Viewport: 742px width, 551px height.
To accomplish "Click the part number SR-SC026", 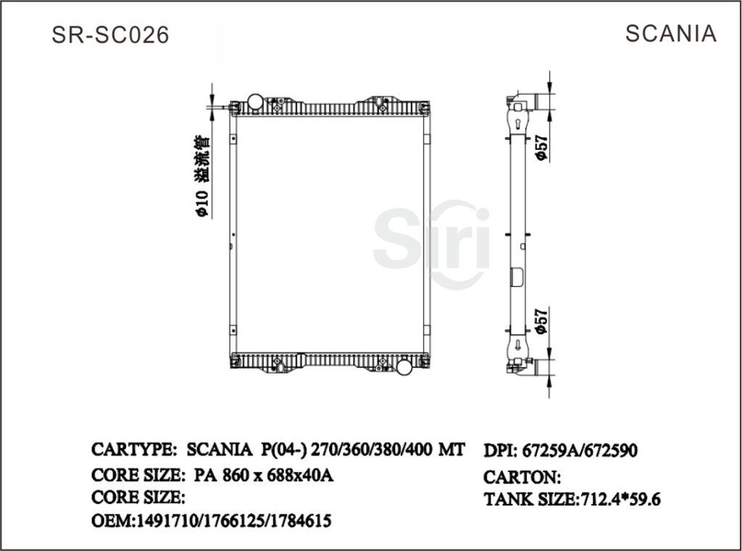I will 111,35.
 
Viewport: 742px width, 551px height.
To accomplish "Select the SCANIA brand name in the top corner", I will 670,33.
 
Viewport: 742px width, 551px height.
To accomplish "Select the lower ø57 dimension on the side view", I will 540,320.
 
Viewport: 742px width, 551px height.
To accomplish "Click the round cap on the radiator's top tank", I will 256,101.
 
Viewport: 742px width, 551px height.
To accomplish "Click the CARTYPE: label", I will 134,450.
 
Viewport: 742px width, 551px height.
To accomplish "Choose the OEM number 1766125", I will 235,521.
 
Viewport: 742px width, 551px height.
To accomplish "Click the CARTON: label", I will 522,476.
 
